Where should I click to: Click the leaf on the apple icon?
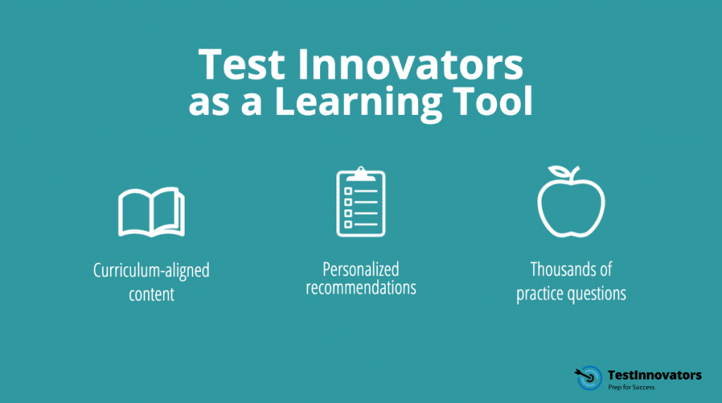(x=561, y=172)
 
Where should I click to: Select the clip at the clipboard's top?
(x=361, y=173)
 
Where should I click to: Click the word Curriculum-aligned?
(x=151, y=271)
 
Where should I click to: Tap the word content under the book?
(x=151, y=294)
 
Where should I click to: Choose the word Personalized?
(x=361, y=270)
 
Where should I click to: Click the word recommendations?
(x=361, y=288)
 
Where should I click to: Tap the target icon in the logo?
(x=588, y=378)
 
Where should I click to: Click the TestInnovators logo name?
(x=654, y=375)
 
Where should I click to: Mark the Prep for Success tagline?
(x=632, y=387)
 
